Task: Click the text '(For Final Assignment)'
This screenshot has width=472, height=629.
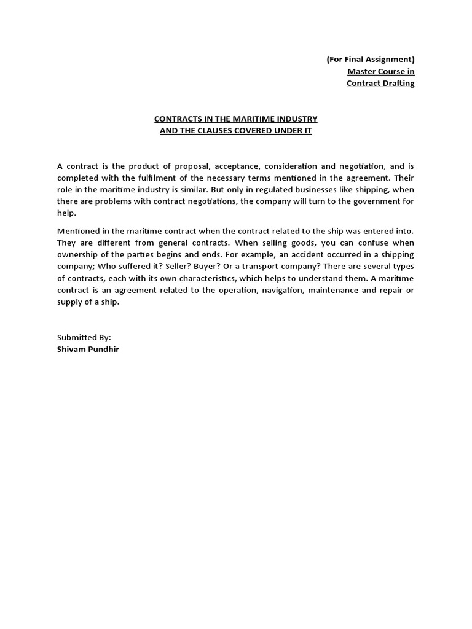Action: click(371, 60)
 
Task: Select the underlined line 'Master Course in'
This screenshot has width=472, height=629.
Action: click(381, 71)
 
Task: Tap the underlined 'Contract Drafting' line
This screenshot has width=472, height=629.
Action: click(380, 83)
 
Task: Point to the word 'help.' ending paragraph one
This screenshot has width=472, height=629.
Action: click(66, 213)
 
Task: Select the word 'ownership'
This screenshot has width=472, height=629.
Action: click(79, 254)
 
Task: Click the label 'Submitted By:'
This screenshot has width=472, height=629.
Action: click(84, 337)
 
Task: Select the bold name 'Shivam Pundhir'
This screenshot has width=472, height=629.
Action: click(88, 349)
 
